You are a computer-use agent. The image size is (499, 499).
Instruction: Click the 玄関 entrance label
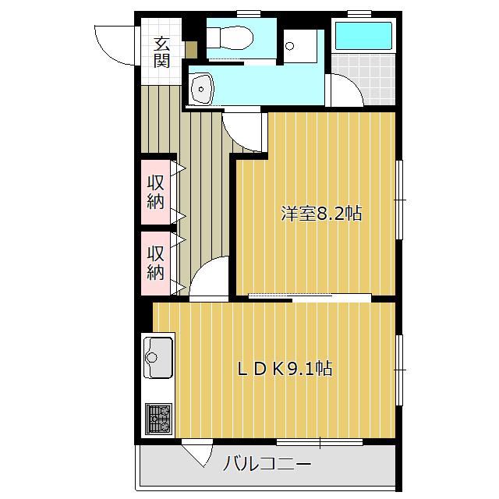click(161, 53)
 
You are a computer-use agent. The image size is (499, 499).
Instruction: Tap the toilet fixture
click(230, 38)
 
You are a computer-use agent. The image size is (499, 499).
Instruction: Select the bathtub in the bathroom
click(363, 36)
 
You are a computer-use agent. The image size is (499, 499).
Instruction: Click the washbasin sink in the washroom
click(201, 89)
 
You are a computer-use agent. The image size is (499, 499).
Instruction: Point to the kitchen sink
click(158, 357)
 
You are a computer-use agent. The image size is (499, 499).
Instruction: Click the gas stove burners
click(158, 419)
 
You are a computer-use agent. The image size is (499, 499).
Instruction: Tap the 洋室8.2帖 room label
click(321, 214)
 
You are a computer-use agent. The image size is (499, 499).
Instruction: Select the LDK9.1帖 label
click(285, 369)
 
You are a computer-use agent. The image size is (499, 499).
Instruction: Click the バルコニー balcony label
click(267, 463)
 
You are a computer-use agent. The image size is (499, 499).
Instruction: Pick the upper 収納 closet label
click(156, 193)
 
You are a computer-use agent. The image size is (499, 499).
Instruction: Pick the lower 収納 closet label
click(156, 263)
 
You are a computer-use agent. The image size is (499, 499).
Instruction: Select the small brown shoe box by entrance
click(191, 50)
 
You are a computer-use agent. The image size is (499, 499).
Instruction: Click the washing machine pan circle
click(289, 46)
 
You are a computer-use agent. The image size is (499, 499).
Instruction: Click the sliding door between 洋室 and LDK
click(310, 296)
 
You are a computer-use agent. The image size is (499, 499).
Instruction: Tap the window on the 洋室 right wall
click(399, 200)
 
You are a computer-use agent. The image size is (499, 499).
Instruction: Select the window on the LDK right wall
click(399, 370)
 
